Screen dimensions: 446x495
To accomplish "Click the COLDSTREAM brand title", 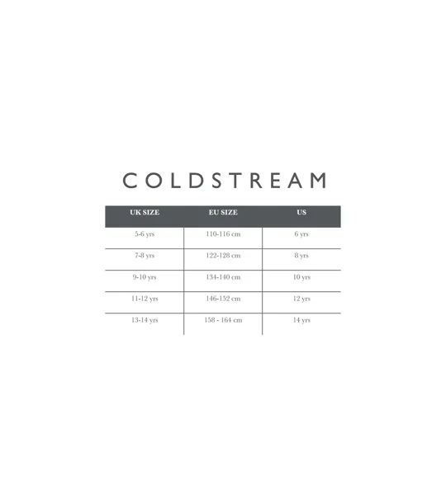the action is [224, 180].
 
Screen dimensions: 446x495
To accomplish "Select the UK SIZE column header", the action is [145, 212].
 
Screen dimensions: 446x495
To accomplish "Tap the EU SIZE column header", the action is [223, 212].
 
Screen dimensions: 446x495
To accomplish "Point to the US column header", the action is [301, 212].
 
